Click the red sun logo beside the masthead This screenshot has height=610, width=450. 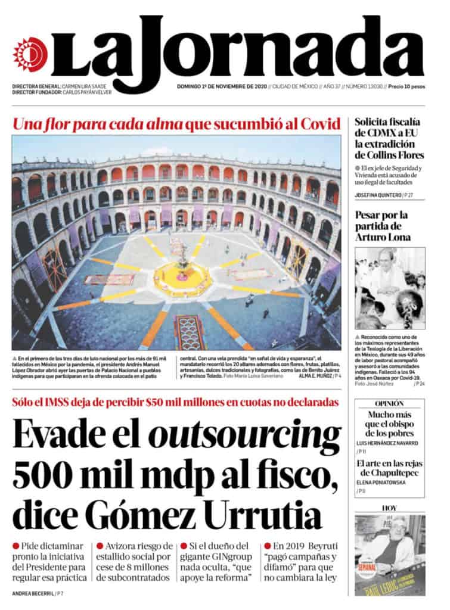point(29,54)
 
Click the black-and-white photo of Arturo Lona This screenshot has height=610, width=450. point(390,288)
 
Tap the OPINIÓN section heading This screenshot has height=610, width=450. point(390,403)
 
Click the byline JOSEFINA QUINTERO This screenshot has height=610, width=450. point(379,195)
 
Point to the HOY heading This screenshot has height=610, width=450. point(390,508)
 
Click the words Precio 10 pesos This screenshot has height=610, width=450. point(406,86)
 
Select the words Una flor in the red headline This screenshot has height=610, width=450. point(41,125)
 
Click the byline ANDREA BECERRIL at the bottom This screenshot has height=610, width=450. point(33,593)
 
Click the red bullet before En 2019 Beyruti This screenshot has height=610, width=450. point(268,546)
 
